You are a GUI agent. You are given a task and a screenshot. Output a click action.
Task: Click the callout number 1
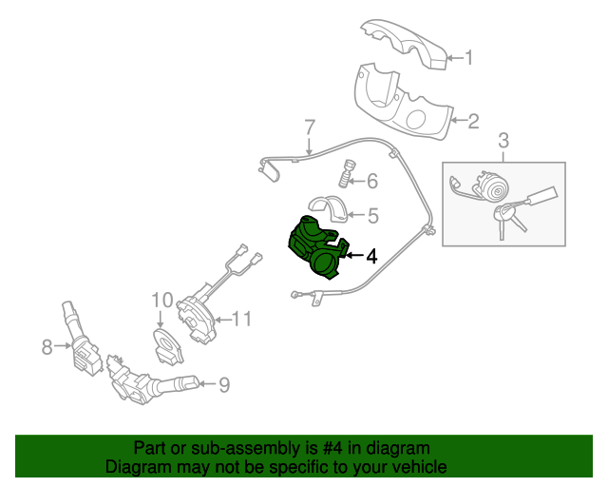tap(467, 59)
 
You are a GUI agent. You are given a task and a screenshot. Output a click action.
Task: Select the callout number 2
tap(473, 121)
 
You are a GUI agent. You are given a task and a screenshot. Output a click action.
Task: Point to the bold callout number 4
tap(371, 255)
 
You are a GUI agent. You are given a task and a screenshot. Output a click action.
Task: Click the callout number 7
tap(309, 127)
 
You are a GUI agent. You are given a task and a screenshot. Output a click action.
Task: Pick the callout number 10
tap(161, 302)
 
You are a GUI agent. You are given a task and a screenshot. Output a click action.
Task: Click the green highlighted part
tap(317, 246)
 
